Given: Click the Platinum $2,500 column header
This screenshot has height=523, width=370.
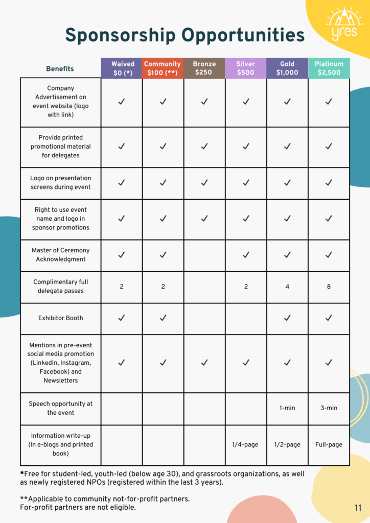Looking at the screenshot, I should [329, 68].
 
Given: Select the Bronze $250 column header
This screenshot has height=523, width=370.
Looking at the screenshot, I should [204, 68].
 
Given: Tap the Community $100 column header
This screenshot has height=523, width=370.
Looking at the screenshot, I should [163, 68].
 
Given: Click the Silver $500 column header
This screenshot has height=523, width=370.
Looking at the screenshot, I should [246, 68].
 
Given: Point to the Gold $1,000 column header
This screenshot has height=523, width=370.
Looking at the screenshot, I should [287, 68].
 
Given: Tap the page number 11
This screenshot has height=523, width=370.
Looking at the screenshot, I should [358, 508].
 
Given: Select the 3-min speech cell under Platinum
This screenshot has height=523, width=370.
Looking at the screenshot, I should [329, 408].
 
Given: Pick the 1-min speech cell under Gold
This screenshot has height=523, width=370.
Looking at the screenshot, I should [287, 408].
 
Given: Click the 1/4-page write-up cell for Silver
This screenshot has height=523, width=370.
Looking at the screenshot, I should [246, 444].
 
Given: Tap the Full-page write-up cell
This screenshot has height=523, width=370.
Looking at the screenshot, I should [329, 444].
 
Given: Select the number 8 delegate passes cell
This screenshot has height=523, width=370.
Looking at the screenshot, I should [329, 287].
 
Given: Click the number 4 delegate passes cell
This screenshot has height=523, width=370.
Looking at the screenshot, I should [287, 287].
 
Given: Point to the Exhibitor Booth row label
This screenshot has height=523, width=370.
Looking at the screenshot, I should [60, 318].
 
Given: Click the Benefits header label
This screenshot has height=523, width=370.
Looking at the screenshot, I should [60, 68].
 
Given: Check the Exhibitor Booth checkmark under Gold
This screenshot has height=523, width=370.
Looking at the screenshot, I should [287, 318].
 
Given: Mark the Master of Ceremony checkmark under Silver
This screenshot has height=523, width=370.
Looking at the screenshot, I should [246, 255].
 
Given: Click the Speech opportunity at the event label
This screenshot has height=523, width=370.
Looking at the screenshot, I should [60, 408].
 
